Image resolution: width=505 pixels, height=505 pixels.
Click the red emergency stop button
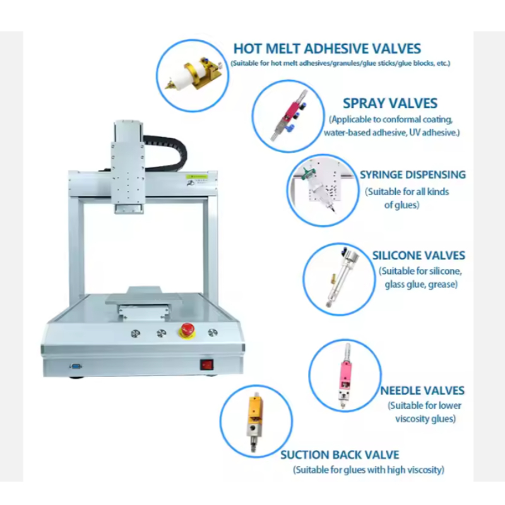pyautogui.click(x=187, y=330)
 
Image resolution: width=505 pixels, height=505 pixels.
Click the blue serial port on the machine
pyautogui.click(x=76, y=365)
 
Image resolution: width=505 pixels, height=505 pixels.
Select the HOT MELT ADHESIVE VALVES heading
pyautogui.click(x=327, y=49)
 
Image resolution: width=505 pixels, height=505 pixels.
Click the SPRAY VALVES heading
pyautogui.click(x=389, y=103)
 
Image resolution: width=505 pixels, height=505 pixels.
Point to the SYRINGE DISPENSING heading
pyautogui.click(x=412, y=174)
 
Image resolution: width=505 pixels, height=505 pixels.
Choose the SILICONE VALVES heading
pyautogui.click(x=419, y=256)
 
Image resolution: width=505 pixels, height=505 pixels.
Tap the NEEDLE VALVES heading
pyautogui.click(x=422, y=391)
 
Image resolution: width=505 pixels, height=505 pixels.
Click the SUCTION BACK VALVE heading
pyautogui.click(x=340, y=454)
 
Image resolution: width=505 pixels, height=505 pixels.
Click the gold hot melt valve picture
pyautogui.click(x=193, y=74)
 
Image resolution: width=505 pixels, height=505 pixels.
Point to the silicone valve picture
pyautogui.click(x=341, y=278)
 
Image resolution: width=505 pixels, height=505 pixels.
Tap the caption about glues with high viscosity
pyautogui.click(x=369, y=470)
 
